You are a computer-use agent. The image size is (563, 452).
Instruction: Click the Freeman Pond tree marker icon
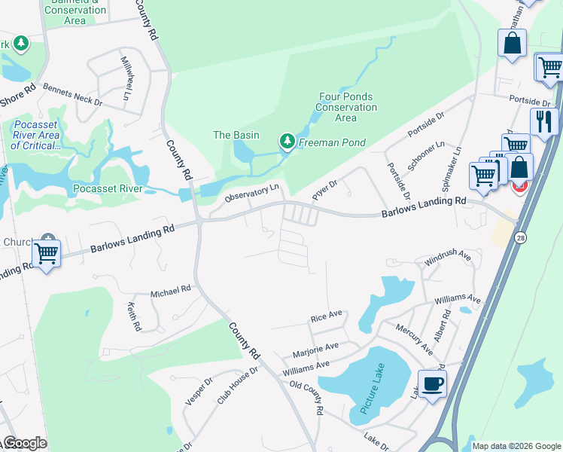tap(287, 141)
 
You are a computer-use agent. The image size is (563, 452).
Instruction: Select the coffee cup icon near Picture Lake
tap(433, 384)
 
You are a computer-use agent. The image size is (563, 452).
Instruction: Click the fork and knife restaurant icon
tap(543, 121)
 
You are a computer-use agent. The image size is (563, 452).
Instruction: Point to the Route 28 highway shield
tap(521, 237)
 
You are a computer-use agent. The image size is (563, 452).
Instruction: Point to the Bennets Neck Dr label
tap(72, 94)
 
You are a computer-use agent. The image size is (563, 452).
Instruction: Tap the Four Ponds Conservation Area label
tap(346, 107)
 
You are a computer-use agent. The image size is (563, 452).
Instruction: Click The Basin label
tap(236, 135)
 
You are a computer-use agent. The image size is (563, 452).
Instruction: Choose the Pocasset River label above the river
tap(108, 188)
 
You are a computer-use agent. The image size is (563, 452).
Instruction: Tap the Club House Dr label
tap(238, 386)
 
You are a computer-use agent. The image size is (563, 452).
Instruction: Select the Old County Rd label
tap(306, 399)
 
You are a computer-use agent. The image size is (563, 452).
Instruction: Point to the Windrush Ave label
tap(447, 259)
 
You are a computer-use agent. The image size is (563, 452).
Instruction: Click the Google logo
tap(25, 443)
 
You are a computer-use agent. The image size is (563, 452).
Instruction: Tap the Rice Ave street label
tap(327, 315)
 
